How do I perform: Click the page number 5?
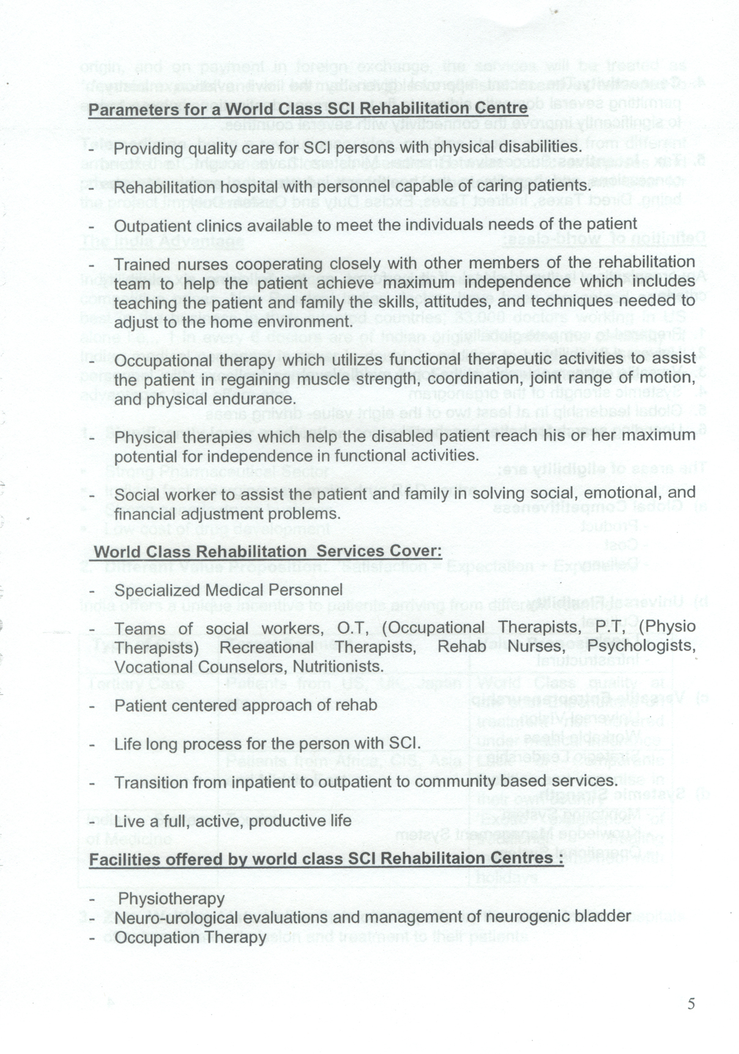(691, 1003)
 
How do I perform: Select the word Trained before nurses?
(141, 264)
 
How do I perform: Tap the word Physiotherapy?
(171, 899)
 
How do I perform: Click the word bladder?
(601, 916)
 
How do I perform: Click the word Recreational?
(267, 647)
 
